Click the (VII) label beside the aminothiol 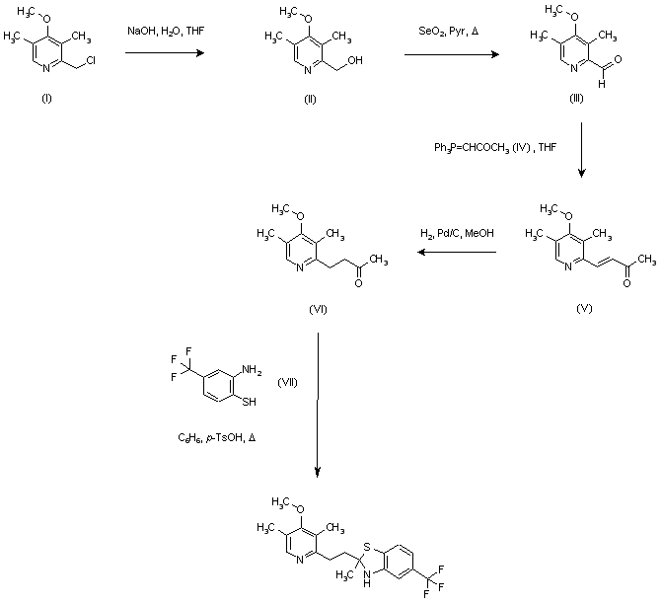(288, 380)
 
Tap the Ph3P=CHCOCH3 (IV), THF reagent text (492, 149)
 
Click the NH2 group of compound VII (253, 369)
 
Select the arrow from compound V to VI (455, 254)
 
